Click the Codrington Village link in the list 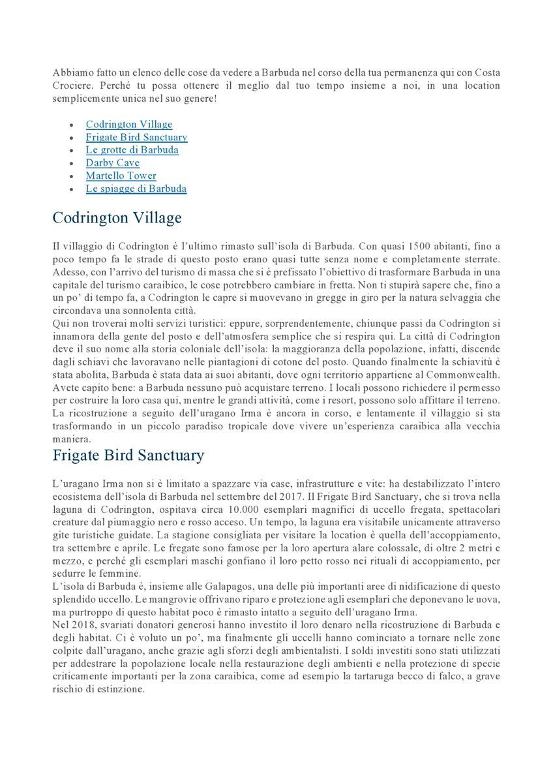click(128, 124)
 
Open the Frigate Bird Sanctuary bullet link click(136, 137)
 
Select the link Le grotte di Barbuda click(132, 149)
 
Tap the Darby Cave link click(112, 162)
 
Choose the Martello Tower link click(121, 176)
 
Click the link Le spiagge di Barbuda click(136, 189)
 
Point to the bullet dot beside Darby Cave click(71, 163)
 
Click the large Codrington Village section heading click(117, 217)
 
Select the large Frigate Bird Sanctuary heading click(128, 455)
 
